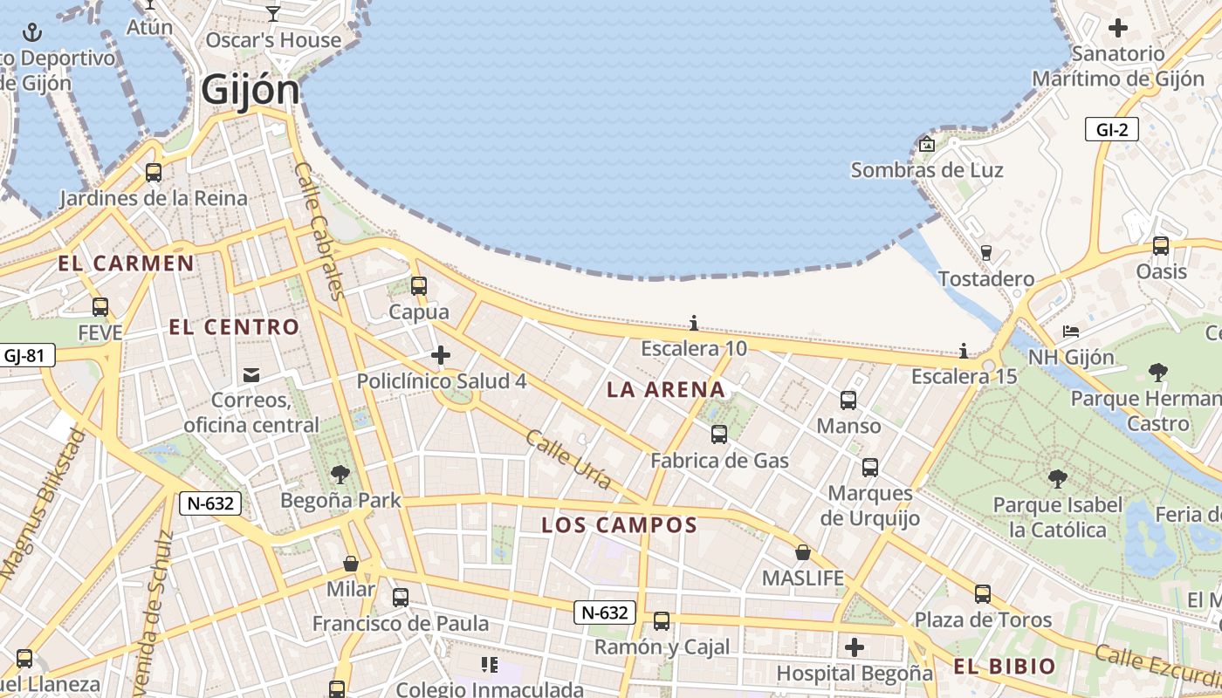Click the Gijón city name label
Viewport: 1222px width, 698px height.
pyautogui.click(x=251, y=89)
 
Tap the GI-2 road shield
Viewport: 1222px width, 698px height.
pyautogui.click(x=1112, y=130)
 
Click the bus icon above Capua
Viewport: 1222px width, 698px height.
pyautogui.click(x=419, y=285)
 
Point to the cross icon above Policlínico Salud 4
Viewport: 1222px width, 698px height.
pyautogui.click(x=441, y=355)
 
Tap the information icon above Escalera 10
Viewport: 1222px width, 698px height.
pyautogui.click(x=693, y=324)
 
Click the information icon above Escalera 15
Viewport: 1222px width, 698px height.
pyautogui.click(x=964, y=351)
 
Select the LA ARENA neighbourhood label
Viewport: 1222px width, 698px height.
pyautogui.click(x=666, y=390)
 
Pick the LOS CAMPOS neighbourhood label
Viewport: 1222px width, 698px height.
pyautogui.click(x=619, y=525)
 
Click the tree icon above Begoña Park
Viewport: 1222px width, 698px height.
pyautogui.click(x=340, y=475)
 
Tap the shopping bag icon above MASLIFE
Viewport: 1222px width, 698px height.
pyautogui.click(x=803, y=552)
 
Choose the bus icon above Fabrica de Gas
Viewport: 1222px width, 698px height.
pyautogui.click(x=719, y=435)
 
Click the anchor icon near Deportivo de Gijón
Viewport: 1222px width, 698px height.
pyautogui.click(x=32, y=33)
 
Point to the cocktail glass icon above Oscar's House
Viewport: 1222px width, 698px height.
pyautogui.click(x=273, y=13)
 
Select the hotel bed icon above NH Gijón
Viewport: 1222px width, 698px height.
pyautogui.click(x=1071, y=332)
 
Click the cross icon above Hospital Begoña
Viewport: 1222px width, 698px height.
pyautogui.click(x=855, y=647)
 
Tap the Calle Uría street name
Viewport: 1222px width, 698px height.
pyautogui.click(x=568, y=459)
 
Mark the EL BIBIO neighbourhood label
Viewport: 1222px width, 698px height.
pyautogui.click(x=1004, y=667)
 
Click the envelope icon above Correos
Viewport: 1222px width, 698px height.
pyautogui.click(x=251, y=375)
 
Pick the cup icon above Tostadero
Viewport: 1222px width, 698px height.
pyautogui.click(x=986, y=253)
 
